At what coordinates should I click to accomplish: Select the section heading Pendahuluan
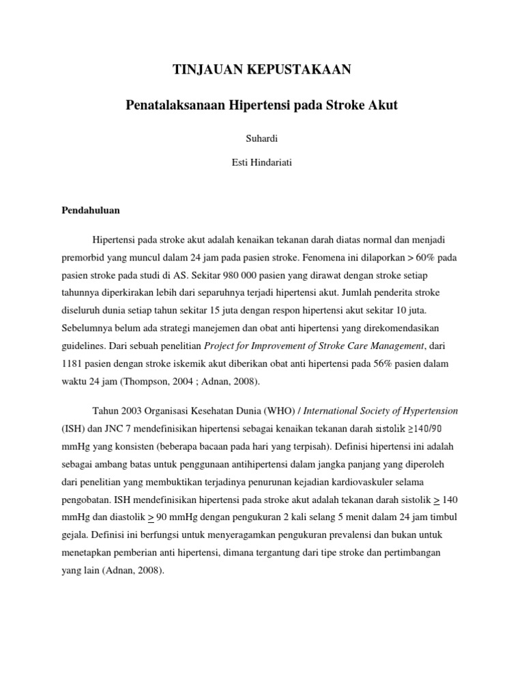[x=91, y=211]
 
